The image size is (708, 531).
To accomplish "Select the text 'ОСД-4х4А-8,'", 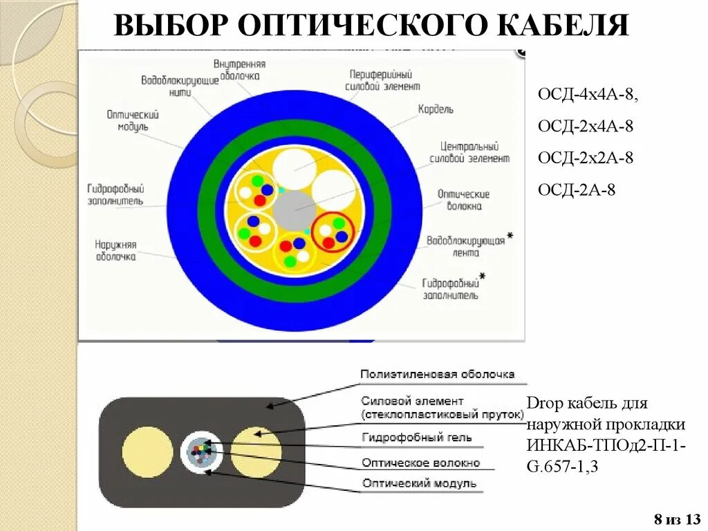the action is pyautogui.click(x=588, y=95).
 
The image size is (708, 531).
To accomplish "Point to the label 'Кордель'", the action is pyautogui.click(x=436, y=109).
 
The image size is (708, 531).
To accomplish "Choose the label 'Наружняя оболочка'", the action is pyautogui.click(x=115, y=250).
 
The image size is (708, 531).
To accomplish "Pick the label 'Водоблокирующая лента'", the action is pyautogui.click(x=465, y=247).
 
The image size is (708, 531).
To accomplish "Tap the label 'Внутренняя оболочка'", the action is pyautogui.click(x=240, y=69).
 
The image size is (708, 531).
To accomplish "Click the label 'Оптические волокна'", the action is pyautogui.click(x=463, y=200).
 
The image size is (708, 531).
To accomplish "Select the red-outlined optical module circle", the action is pyautogui.click(x=333, y=232).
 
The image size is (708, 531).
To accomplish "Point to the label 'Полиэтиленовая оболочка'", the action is pyautogui.click(x=438, y=374).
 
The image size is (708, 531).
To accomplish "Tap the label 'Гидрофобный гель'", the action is pyautogui.click(x=417, y=437).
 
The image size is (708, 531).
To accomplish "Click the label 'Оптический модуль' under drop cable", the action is pyautogui.click(x=419, y=483).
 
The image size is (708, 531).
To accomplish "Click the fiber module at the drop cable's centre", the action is pyautogui.click(x=202, y=452).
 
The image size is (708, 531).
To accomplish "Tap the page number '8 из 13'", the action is pyautogui.click(x=678, y=519).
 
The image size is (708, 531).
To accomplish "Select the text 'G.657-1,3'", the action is pyautogui.click(x=563, y=467).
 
